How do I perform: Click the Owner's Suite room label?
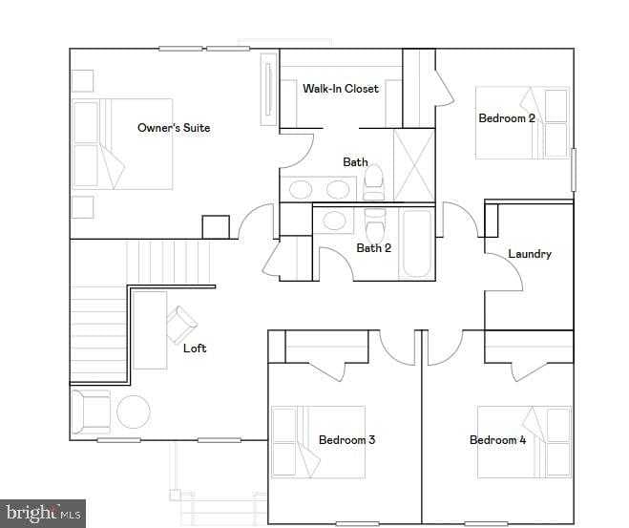(x=174, y=128)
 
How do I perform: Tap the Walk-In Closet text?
(x=341, y=89)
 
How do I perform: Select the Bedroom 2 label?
(x=507, y=118)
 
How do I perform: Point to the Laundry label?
(x=530, y=254)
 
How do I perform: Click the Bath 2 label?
(x=374, y=248)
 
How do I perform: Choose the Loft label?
(x=195, y=348)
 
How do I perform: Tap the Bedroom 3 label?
(x=346, y=440)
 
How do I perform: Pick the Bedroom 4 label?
(x=497, y=440)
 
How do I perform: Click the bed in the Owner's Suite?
(x=124, y=143)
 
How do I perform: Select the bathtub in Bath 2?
(x=416, y=243)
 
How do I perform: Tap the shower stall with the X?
(x=414, y=164)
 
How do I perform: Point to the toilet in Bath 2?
(x=375, y=227)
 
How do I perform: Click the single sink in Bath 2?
(x=335, y=221)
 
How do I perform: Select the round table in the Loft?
(x=134, y=412)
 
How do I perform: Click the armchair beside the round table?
(x=93, y=412)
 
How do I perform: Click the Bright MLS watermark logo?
(x=43, y=515)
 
